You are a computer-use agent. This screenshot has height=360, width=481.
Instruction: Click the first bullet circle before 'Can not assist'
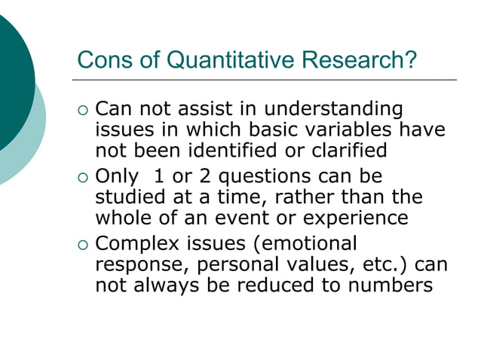click(83, 111)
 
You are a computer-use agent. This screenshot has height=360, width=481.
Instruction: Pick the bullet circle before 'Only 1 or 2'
click(83, 178)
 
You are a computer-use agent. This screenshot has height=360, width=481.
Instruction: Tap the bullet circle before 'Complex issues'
click(83, 246)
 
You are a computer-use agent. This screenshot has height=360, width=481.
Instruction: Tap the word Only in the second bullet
click(118, 178)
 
